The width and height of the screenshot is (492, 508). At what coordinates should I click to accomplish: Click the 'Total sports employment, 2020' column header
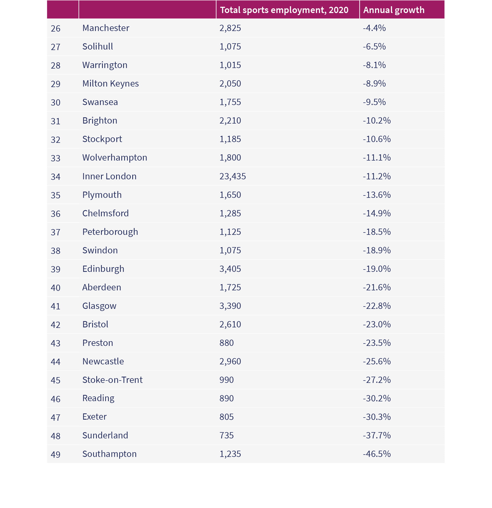click(x=284, y=10)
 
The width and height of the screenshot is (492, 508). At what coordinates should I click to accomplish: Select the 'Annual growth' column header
click(x=394, y=10)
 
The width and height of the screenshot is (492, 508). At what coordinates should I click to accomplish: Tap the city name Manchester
click(x=106, y=28)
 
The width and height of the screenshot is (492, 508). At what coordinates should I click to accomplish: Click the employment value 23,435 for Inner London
click(x=232, y=176)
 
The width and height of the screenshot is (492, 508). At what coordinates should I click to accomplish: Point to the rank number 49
click(x=55, y=455)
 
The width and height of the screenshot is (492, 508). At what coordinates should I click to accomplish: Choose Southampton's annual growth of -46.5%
click(x=377, y=454)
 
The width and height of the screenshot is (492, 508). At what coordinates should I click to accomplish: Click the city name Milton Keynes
click(x=110, y=84)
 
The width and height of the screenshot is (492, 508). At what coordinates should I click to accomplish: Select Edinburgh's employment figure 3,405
click(x=230, y=269)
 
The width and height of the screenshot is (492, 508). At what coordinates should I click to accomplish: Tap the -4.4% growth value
click(x=374, y=28)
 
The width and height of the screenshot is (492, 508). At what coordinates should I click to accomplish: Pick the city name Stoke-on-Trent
click(x=112, y=380)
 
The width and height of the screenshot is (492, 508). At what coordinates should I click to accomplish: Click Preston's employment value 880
click(x=226, y=343)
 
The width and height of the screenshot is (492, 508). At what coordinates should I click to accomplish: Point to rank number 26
click(x=55, y=28)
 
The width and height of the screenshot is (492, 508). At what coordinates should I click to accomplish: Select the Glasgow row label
click(x=99, y=306)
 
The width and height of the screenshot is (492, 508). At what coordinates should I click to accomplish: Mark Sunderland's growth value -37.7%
click(x=377, y=435)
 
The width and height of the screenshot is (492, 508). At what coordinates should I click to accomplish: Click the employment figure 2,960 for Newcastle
click(x=230, y=362)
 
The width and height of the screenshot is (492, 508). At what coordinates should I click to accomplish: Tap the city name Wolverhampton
click(x=115, y=158)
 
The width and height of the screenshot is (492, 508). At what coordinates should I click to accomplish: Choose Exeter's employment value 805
click(x=226, y=417)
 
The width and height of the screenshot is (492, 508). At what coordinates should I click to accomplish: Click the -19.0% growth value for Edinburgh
click(x=377, y=269)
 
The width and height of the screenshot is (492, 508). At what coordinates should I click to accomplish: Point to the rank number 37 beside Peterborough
click(x=55, y=232)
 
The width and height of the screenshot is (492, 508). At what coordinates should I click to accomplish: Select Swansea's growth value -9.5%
click(x=374, y=102)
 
